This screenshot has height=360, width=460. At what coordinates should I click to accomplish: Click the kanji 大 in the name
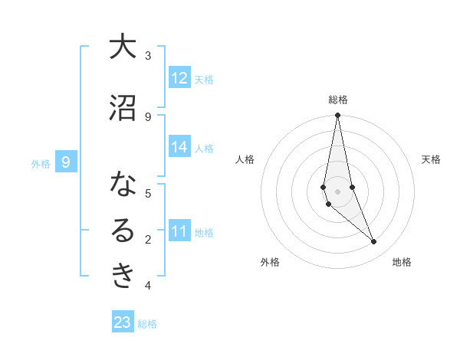click(122, 47)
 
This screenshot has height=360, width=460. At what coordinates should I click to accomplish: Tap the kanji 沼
click(122, 108)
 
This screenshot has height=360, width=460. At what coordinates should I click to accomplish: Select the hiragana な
click(122, 185)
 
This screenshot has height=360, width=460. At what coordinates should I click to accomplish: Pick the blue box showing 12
click(179, 78)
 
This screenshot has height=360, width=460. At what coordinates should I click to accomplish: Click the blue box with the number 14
click(179, 148)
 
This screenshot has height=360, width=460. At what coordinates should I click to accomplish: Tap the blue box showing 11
click(179, 231)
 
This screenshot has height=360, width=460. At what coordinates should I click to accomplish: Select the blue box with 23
click(123, 322)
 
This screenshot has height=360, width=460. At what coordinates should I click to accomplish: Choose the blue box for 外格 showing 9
click(66, 162)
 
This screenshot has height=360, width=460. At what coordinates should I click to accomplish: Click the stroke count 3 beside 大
click(148, 55)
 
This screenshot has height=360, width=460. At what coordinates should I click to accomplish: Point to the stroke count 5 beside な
click(148, 193)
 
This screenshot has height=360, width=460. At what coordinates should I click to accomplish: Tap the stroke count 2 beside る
click(148, 240)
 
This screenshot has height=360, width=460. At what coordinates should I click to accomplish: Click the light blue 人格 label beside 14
click(204, 149)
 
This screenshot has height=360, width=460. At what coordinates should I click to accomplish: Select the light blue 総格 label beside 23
click(147, 324)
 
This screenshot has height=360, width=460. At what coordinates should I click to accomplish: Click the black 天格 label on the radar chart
click(431, 159)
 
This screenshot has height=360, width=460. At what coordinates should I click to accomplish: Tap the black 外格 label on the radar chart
click(270, 262)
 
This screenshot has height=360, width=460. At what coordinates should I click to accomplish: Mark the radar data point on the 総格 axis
click(337, 116)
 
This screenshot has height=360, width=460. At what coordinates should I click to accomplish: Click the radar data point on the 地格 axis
click(373, 242)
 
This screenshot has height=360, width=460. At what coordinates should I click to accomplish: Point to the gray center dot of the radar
click(337, 191)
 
